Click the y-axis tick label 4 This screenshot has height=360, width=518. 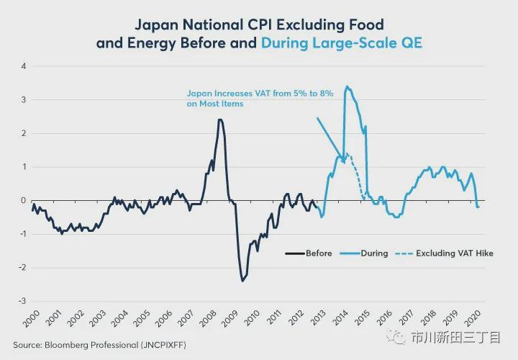(23, 66)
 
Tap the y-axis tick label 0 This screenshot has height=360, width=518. (23, 201)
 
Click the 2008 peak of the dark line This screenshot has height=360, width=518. (219, 120)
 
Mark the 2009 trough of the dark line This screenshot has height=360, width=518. (242, 281)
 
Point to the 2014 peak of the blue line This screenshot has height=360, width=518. (347, 87)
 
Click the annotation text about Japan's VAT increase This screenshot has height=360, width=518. (260, 99)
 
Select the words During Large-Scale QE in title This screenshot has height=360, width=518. (341, 43)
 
